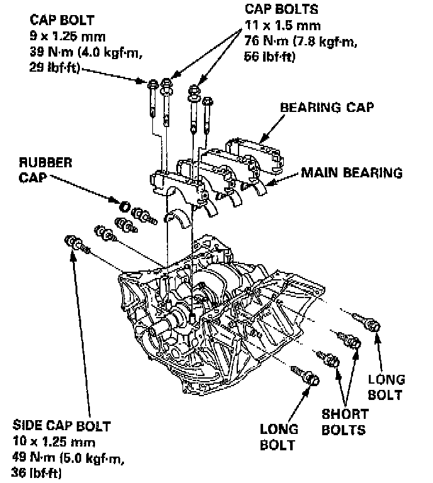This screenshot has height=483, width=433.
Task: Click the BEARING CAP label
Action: [x=327, y=108]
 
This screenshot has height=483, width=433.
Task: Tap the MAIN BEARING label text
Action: [x=351, y=172]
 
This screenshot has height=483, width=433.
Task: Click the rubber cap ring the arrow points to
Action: [x=125, y=206]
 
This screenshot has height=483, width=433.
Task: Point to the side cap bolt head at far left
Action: [x=71, y=241]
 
